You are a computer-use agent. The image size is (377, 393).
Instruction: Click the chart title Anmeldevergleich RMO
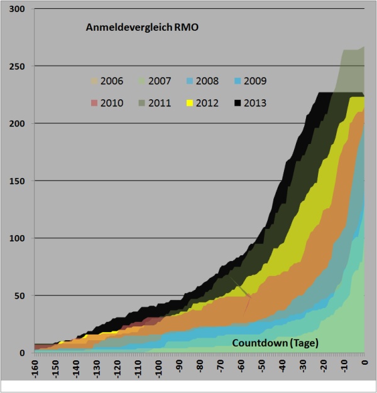pos(142,28)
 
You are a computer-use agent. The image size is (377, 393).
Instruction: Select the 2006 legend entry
pos(107,81)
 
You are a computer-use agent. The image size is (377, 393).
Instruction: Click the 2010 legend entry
pos(107,102)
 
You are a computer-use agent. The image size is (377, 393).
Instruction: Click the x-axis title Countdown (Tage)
pos(275,343)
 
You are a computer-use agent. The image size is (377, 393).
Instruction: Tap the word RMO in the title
pos(186,28)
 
